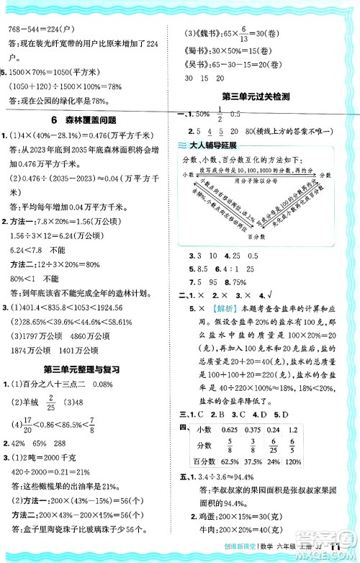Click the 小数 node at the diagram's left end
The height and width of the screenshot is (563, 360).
pyautogui.click(x=189, y=174)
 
